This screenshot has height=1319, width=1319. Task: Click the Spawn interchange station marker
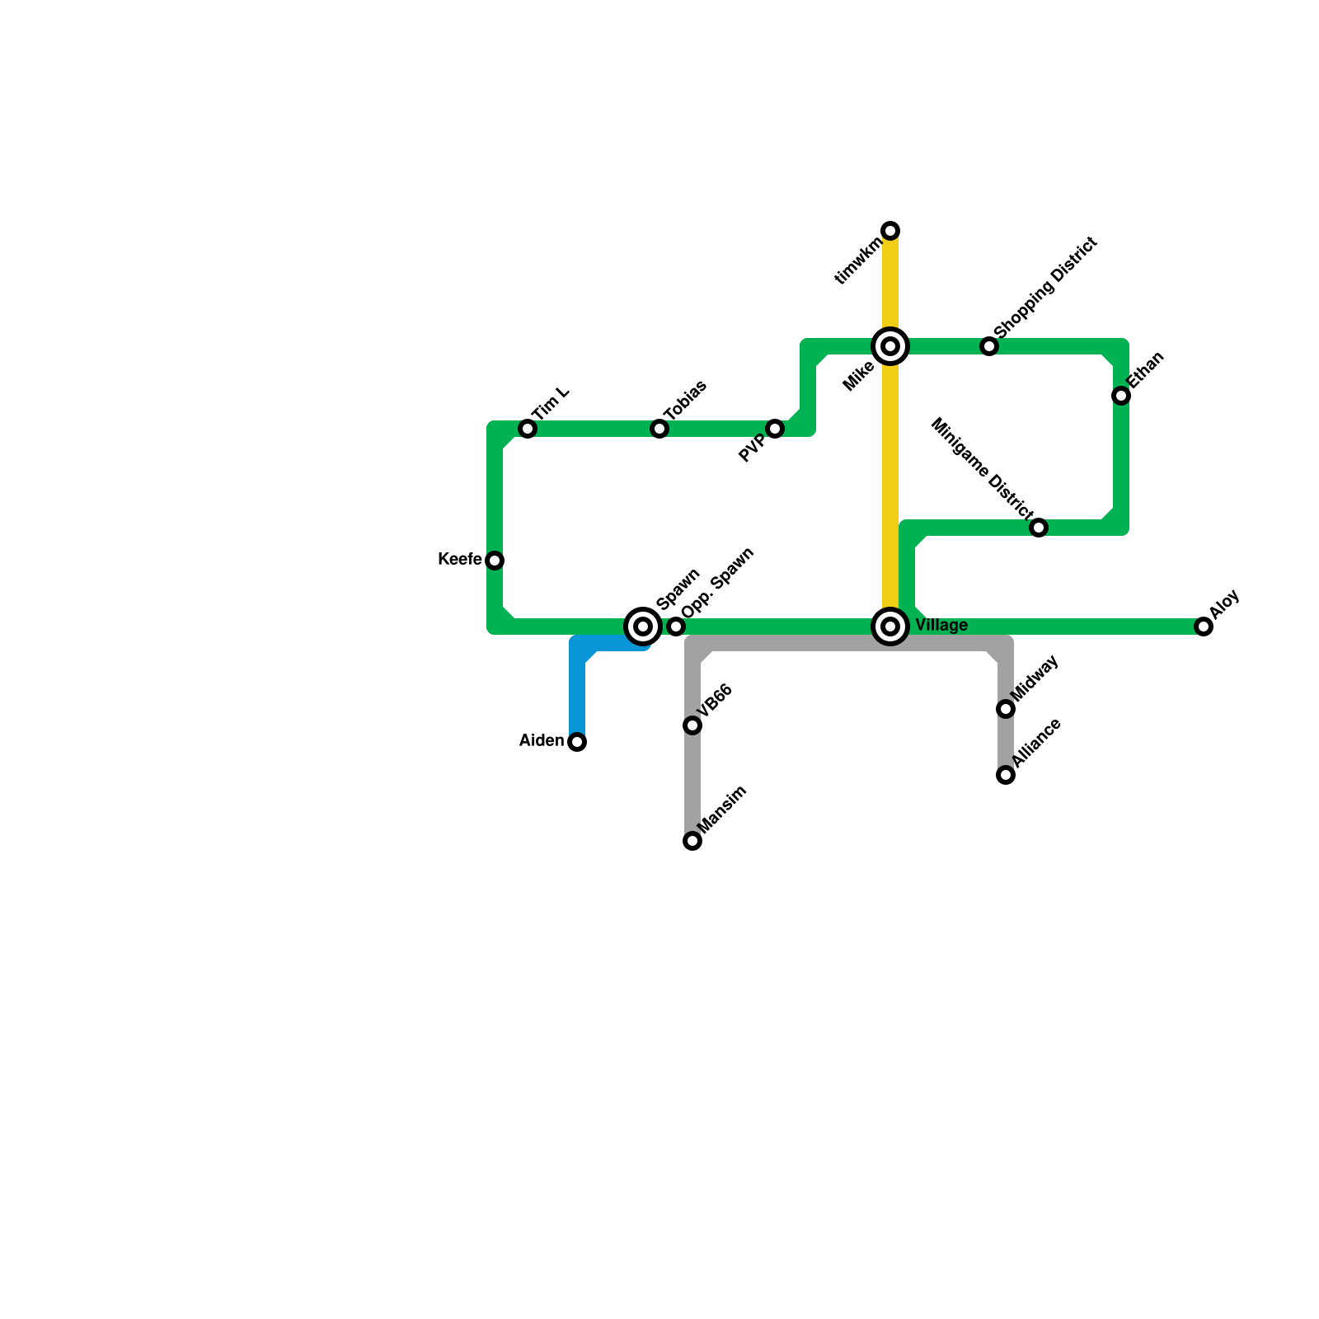coord(643,627)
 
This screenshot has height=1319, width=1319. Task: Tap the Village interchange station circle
coord(890,627)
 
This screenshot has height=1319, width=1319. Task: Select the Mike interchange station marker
coord(890,346)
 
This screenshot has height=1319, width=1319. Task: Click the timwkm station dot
coord(890,230)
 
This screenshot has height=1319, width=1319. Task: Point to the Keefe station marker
coord(495,561)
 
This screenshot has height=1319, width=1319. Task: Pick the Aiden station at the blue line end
coord(577,742)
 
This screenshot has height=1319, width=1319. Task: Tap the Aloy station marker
coord(1204,627)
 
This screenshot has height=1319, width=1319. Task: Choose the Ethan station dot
coord(1121,396)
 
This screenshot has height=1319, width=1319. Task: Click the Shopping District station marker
coord(989,346)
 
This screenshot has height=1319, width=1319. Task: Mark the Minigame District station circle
coord(1039,528)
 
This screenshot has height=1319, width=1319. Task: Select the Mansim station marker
coord(692,841)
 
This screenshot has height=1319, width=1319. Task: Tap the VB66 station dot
coord(692,725)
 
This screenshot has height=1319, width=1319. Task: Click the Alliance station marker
coord(1006,775)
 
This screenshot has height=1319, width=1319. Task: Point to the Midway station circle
coord(1006,709)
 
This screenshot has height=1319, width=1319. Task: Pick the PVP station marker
coord(775,429)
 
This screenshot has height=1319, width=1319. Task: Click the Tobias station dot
coord(659,429)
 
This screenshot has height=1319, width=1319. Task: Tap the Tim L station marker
coord(528,429)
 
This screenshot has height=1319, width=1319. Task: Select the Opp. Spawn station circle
coord(676,627)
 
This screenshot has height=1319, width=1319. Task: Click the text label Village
coord(941,626)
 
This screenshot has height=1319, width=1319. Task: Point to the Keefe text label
coord(460,560)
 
